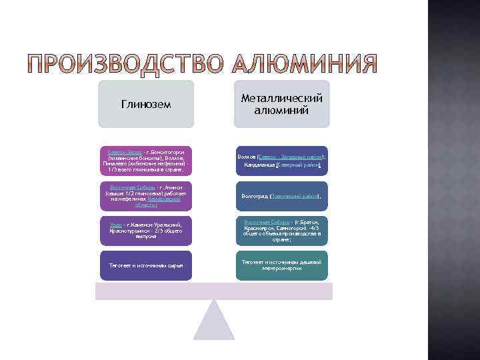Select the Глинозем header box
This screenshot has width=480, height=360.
point(146,104)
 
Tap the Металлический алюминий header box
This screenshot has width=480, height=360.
point(281,104)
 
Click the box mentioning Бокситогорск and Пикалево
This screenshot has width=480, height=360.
point(145,161)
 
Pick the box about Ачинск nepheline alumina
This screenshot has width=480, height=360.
point(145,195)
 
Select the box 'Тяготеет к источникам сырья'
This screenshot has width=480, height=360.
point(145,265)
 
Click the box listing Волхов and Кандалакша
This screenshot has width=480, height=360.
point(281,161)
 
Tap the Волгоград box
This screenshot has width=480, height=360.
point(281,196)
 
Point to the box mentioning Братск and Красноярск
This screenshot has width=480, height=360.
point(281,230)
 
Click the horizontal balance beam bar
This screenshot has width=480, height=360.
point(214,291)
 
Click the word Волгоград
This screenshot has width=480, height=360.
point(255,197)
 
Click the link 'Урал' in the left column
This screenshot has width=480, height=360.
point(115,225)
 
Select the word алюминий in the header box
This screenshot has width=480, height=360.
point(281,111)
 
